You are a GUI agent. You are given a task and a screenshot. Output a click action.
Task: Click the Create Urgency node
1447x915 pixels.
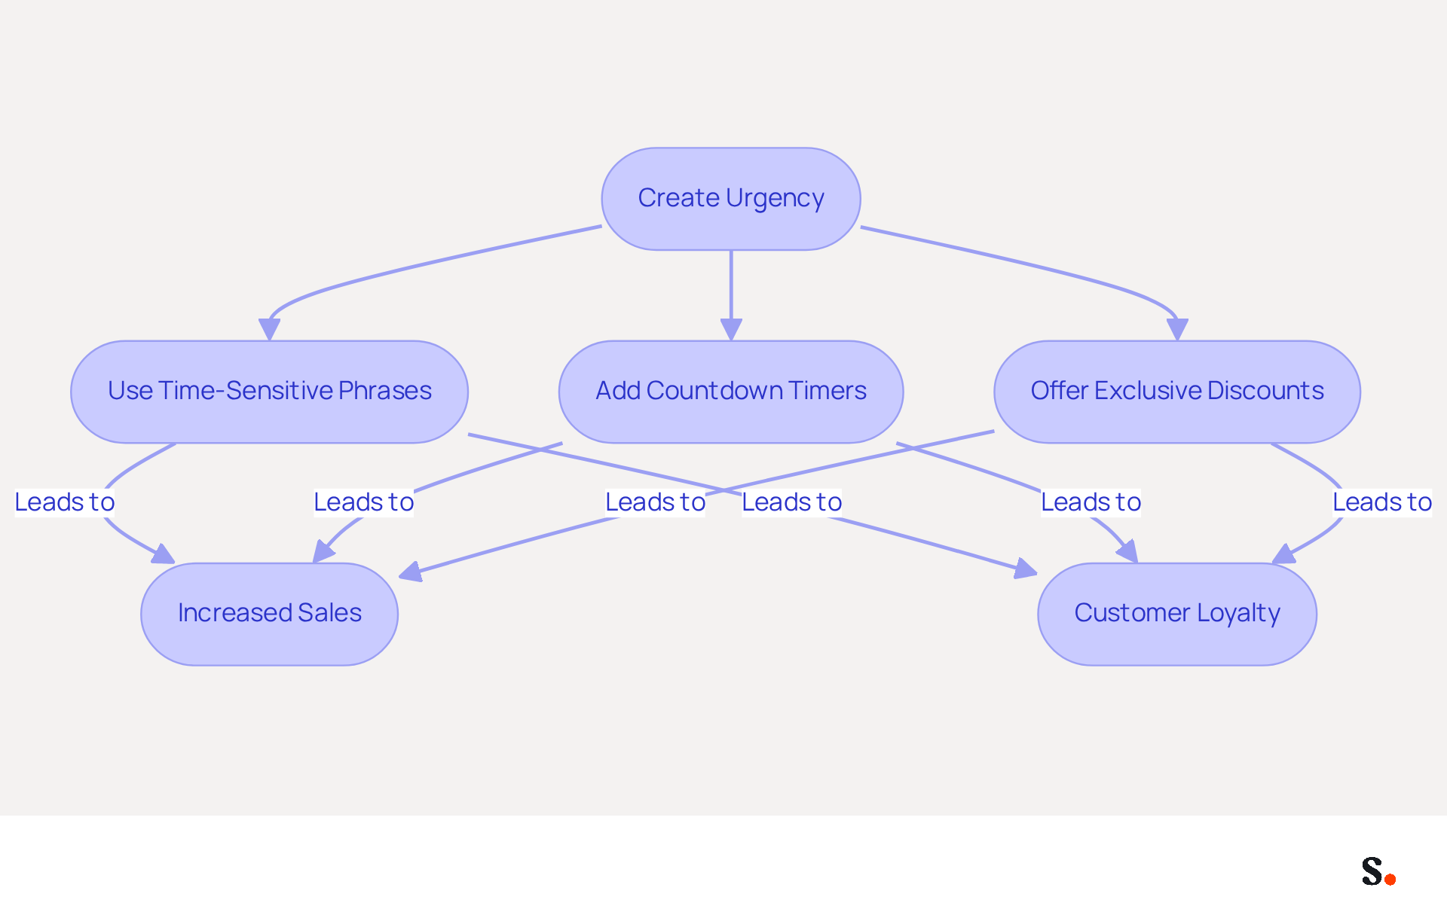tap(731, 199)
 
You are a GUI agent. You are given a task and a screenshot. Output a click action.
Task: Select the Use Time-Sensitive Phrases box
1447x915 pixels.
tap(270, 392)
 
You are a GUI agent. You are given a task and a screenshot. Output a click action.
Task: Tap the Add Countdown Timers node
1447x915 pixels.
tap(731, 392)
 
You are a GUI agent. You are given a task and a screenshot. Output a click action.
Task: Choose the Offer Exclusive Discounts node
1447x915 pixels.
tap(1177, 392)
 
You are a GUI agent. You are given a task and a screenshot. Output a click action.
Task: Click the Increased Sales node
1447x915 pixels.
tap(270, 614)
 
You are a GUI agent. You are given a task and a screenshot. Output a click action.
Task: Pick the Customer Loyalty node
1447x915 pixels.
tap(1177, 614)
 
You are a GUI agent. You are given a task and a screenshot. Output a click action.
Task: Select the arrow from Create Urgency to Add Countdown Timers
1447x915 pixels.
tap(731, 295)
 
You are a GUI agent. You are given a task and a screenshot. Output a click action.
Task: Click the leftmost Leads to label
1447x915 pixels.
tap(65, 502)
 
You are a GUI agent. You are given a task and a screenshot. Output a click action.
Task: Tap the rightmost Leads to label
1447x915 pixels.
tap(1382, 502)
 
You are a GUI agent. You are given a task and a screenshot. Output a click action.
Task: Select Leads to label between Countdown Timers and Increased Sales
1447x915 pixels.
tap(364, 502)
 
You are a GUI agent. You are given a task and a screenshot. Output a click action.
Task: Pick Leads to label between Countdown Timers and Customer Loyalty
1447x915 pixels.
tap(1091, 502)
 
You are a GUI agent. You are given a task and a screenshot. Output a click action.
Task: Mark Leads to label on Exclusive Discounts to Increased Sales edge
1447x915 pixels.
tap(656, 502)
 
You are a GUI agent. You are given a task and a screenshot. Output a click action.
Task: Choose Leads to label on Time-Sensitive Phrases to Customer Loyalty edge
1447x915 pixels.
tap(792, 502)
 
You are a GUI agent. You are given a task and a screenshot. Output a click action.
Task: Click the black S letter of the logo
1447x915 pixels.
tap(1372, 871)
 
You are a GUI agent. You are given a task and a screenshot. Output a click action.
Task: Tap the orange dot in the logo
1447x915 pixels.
tap(1390, 879)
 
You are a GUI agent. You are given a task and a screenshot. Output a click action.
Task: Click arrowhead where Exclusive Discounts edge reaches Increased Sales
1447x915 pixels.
tap(410, 572)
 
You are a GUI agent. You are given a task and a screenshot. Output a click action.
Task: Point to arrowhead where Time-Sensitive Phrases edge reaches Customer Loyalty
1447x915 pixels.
tap(1026, 569)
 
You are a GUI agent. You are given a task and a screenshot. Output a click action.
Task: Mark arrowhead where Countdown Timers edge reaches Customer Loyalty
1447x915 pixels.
tap(1127, 551)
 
